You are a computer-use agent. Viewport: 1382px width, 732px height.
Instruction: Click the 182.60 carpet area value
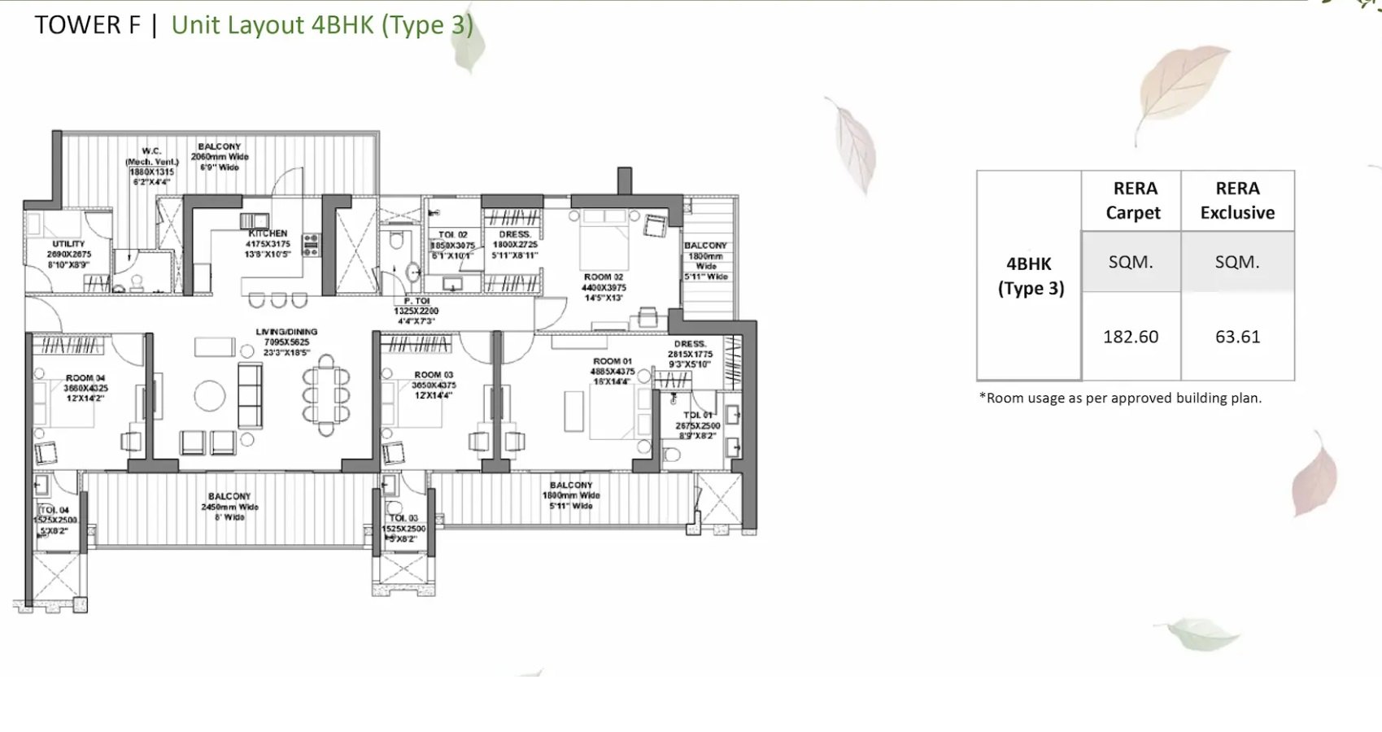(1130, 337)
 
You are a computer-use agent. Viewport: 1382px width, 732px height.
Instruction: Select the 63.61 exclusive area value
(1237, 337)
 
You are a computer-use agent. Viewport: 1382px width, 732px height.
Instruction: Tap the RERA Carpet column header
(1133, 201)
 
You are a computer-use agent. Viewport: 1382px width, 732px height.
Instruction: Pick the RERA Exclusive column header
(1237, 201)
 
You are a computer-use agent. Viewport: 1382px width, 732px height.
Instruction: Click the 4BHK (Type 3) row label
(1030, 276)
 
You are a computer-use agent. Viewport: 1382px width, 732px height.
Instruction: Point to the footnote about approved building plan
(1120, 398)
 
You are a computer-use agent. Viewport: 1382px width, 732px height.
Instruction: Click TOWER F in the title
(87, 25)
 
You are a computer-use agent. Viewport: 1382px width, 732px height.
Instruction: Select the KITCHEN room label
(268, 233)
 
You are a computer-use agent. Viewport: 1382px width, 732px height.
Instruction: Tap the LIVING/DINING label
(286, 332)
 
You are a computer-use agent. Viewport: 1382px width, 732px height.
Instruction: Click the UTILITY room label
(68, 244)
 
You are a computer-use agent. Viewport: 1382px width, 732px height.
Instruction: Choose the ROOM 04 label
(85, 378)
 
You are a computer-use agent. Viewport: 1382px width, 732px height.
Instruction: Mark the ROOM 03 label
(434, 375)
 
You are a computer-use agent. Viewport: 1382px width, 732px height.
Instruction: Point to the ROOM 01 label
(612, 361)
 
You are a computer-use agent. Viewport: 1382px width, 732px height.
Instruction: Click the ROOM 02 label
(603, 277)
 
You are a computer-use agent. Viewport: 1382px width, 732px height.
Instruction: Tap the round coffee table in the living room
(210, 397)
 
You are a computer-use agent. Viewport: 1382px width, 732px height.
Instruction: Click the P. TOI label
(416, 301)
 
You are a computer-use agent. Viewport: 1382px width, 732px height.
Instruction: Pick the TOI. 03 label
(403, 518)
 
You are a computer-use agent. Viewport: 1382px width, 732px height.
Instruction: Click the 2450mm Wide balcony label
(229, 507)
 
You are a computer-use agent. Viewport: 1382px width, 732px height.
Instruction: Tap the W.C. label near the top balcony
(151, 151)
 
